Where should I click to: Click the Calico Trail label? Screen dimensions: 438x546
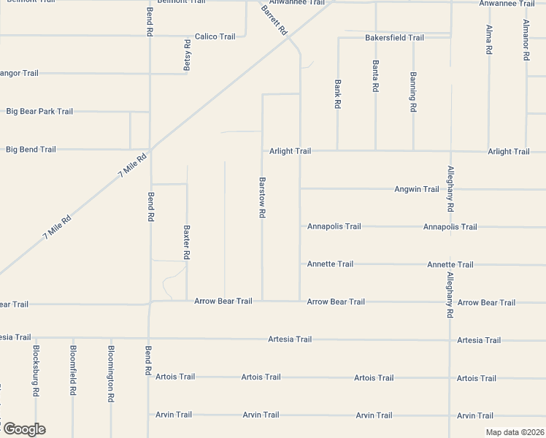point(215,36)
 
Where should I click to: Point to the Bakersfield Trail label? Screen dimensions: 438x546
point(395,37)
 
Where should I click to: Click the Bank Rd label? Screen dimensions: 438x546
point(338,94)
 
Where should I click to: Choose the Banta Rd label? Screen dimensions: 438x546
point(376,76)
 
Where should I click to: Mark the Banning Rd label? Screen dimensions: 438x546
point(413,92)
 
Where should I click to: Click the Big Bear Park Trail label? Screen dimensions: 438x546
point(39,112)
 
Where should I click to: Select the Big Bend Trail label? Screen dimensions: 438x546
point(31,150)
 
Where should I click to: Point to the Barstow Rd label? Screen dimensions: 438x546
point(262,197)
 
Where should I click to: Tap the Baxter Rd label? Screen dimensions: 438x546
point(187,242)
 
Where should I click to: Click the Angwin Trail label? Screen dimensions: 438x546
point(417,189)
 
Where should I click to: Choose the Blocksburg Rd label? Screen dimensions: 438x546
point(36,370)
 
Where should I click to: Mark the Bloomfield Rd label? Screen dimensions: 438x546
point(73,370)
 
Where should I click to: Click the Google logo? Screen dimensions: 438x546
point(23,429)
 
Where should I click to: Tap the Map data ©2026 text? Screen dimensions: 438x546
point(514,432)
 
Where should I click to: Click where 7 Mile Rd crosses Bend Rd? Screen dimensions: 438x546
point(150,146)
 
